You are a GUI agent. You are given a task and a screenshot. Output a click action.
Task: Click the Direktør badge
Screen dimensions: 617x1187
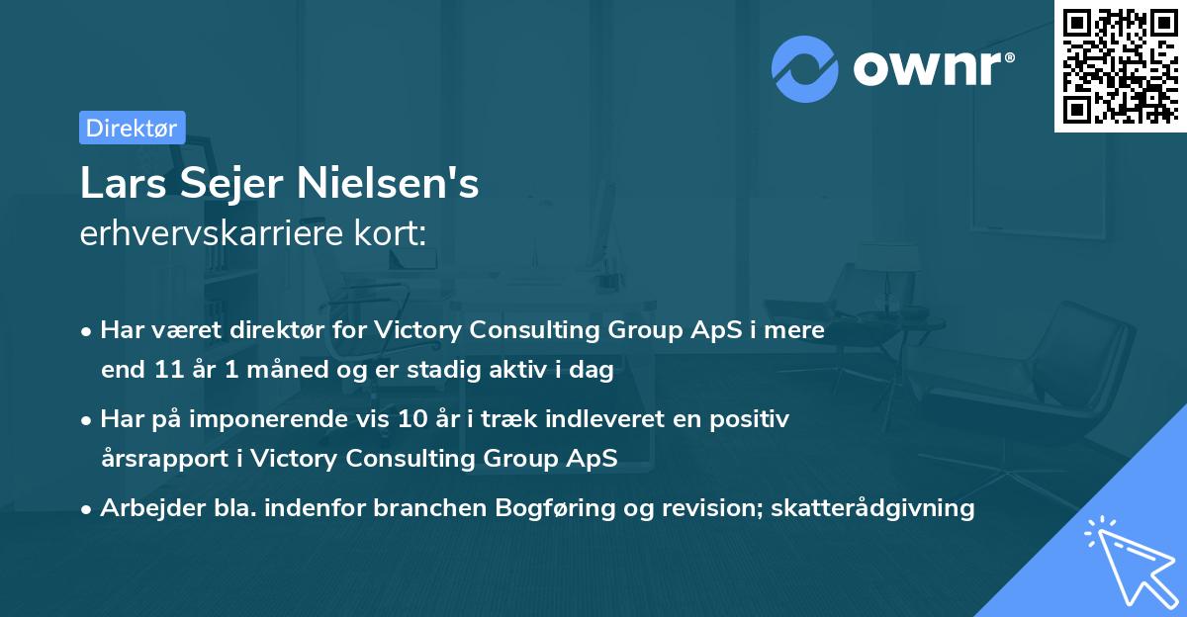(x=132, y=127)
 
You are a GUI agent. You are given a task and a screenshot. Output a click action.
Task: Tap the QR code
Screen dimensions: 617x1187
(x=1121, y=65)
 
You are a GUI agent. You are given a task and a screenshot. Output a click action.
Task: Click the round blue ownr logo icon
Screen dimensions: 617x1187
(x=805, y=68)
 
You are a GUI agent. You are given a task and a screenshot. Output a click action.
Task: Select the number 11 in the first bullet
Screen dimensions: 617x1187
(x=163, y=371)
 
